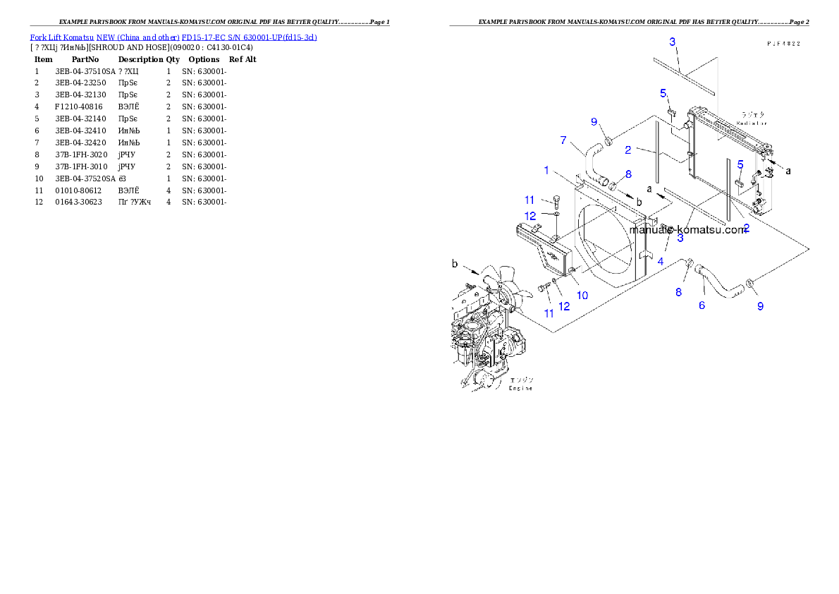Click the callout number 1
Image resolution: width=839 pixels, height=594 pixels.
coord(546,170)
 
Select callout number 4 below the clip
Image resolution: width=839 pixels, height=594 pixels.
coord(661,261)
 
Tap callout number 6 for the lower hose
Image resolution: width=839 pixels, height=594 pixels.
coord(702,305)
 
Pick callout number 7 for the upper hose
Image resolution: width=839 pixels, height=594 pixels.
coord(563,140)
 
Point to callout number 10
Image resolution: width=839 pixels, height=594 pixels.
coord(582,295)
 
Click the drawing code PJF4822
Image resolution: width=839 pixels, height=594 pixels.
coord(788,43)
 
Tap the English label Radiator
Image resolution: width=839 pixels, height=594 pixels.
coord(751,123)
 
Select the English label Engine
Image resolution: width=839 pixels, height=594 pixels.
coord(521,388)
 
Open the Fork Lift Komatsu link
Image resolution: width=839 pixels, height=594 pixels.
coord(62,37)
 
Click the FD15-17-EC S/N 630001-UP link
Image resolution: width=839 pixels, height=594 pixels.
coord(249,37)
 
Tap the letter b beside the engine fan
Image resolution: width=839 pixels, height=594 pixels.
coord(455,264)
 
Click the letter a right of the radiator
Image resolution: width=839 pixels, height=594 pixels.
coord(788,170)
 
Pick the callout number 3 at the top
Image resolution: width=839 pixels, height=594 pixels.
coord(673,42)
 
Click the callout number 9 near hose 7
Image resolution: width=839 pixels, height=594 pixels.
coord(594,122)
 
